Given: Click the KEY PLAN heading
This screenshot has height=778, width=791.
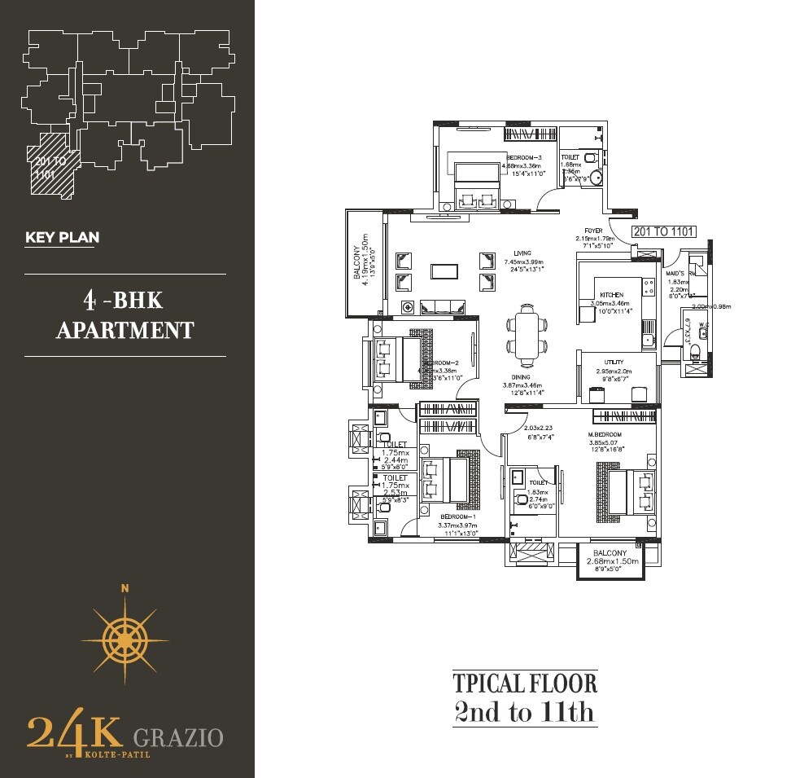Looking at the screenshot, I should (63, 238).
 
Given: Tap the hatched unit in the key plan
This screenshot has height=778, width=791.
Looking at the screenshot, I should (53, 167).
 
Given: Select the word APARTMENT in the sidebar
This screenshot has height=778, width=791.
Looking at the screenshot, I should (125, 329).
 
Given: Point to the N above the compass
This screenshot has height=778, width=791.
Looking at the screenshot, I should (125, 588).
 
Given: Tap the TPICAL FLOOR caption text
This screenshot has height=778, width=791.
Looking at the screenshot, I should (525, 683).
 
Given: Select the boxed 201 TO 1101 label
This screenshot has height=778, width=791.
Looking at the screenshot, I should (664, 231).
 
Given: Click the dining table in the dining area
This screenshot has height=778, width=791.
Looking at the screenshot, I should (527, 333).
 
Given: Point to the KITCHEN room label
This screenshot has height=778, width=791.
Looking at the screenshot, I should (612, 294).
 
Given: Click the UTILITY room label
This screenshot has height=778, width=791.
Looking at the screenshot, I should (614, 361).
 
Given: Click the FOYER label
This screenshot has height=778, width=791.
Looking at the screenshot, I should (593, 231).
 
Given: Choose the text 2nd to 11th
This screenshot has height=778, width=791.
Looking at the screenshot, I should (525, 713).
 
